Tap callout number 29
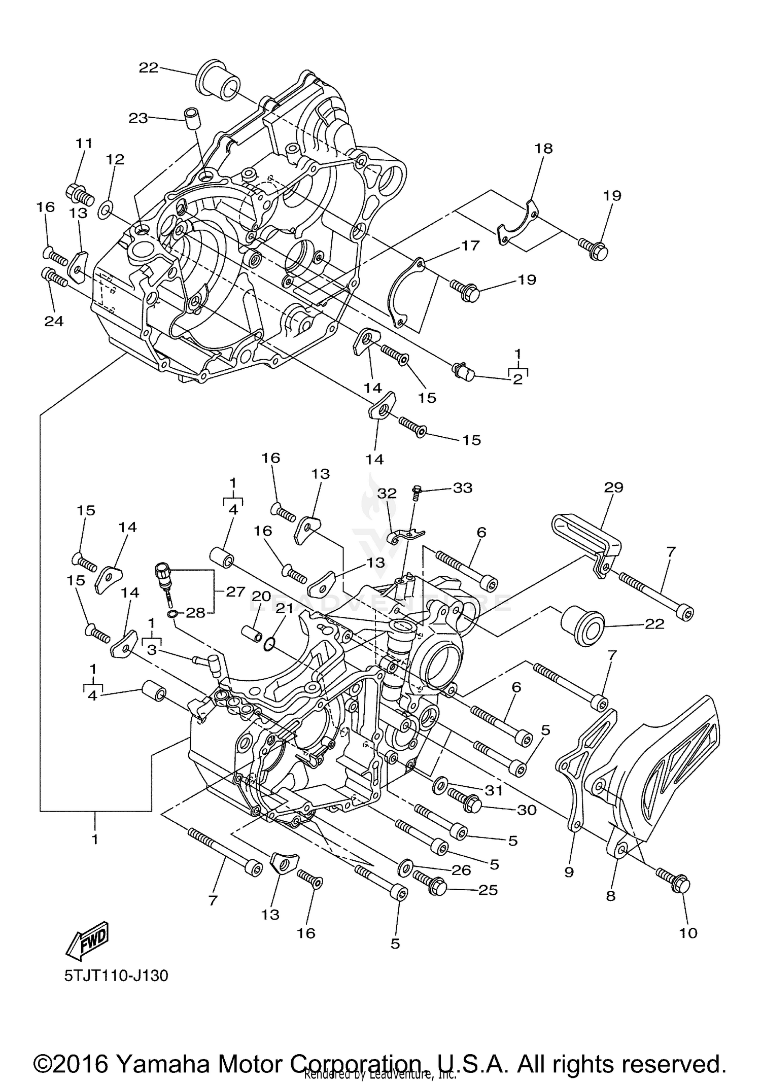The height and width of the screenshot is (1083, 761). click(613, 487)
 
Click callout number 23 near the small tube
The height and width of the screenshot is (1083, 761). click(137, 118)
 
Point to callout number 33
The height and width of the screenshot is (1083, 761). click(462, 488)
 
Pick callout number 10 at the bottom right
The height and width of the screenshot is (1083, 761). click(688, 932)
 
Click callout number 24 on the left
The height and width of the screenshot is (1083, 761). click(54, 321)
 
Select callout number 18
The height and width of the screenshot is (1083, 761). click(543, 149)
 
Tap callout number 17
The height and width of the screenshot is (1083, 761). click(470, 246)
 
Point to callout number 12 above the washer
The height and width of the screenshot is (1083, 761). click(115, 159)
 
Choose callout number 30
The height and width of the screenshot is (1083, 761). click(526, 810)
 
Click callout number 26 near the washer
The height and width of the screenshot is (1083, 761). click(461, 870)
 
